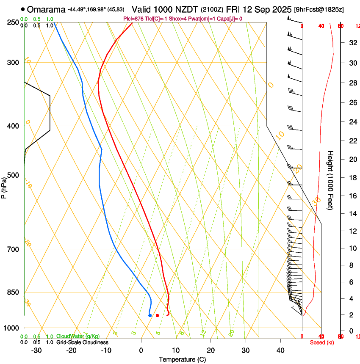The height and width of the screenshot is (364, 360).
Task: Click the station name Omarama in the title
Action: click(47, 9)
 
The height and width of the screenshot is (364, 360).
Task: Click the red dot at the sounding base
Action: click(157, 315)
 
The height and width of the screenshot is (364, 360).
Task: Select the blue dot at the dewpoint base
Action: click(150, 315)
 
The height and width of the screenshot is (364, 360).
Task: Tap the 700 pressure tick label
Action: click(13, 249)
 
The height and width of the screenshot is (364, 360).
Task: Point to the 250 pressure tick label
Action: click(13, 22)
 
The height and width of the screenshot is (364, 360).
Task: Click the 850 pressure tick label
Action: click(13, 292)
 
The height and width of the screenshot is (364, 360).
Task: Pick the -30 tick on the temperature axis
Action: click(37, 350)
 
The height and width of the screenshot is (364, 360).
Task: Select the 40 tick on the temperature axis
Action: click(280, 350)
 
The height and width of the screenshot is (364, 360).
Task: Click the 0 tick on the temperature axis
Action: click(141, 350)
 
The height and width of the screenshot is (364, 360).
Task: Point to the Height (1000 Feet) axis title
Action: click(331, 180)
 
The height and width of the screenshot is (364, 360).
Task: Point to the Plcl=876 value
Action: click(133, 19)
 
